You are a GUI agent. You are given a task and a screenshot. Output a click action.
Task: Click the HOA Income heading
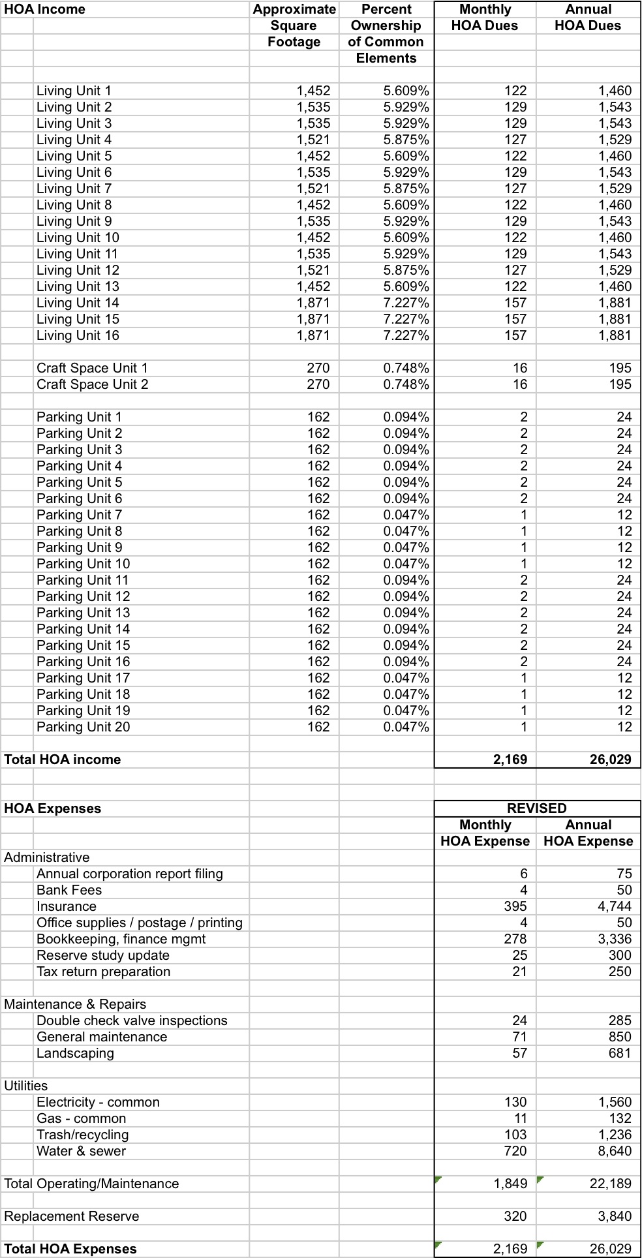coord(44,9)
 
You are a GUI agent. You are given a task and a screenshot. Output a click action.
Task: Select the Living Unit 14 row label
coord(78,303)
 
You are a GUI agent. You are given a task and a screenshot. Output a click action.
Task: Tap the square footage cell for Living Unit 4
coord(313,140)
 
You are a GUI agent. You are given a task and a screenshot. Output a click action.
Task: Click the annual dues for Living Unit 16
coord(615,335)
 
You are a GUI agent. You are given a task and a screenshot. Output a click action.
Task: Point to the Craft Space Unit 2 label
coord(92,384)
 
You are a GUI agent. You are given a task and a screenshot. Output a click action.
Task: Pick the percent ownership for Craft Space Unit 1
coord(406,368)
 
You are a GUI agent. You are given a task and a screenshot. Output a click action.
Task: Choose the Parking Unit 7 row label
coord(79,515)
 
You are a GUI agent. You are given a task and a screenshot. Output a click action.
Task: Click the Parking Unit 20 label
coord(83,727)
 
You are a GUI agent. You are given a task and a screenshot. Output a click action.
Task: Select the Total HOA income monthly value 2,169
coord(510,759)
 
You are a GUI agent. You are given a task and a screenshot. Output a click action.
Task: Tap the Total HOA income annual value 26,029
coord(610,759)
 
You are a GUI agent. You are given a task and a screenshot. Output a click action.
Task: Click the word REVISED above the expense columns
coord(536,808)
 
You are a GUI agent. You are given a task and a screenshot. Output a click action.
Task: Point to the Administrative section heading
coord(47,857)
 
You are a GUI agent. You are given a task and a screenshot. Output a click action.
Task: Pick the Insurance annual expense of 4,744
coord(615,906)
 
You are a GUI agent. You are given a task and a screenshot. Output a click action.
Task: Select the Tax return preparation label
coord(103,972)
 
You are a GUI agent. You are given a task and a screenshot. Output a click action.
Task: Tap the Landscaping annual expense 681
coord(620,1053)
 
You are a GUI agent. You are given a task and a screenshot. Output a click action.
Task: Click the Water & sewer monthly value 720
coord(515,1151)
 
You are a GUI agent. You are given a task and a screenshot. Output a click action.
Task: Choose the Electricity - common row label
coord(98,1102)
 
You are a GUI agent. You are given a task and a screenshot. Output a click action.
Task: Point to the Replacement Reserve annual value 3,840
coord(615,1216)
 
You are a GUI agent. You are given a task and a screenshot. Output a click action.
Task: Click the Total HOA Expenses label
coord(70,1249)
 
